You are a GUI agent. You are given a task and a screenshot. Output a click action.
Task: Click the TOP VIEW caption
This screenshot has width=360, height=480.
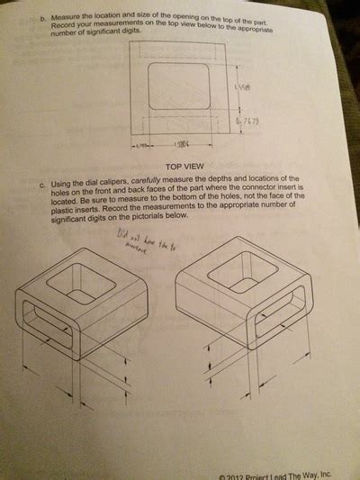click(186, 167)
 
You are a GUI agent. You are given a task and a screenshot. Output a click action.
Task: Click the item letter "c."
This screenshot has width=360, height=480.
click(42, 186)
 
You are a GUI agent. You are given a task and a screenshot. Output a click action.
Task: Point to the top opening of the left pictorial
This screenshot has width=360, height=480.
click(81, 286)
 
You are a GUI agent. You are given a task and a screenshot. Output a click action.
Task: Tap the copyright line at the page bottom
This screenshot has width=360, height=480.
click(275, 475)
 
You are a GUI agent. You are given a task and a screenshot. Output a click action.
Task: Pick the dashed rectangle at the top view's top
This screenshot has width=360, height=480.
click(179, 51)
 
